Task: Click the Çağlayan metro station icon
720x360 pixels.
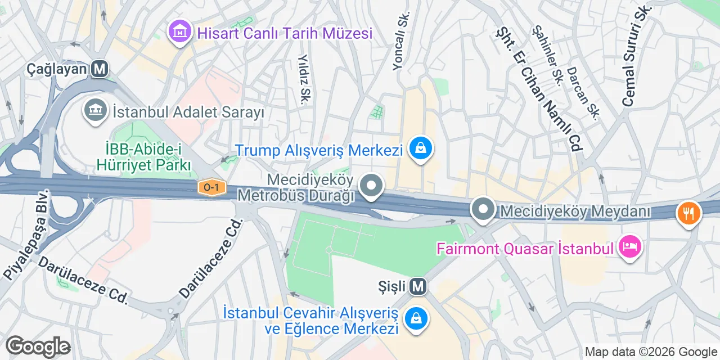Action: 101,69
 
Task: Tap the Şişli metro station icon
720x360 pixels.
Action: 417,287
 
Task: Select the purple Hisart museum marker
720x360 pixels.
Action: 179,32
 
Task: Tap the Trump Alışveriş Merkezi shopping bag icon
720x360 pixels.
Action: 420,149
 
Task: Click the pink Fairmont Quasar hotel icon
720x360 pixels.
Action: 630,247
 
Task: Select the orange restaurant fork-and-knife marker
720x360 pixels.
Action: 688,214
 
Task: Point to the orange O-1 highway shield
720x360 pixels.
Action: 211,188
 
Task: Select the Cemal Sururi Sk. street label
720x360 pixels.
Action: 636,56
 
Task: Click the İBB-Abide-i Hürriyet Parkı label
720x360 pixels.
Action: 144,157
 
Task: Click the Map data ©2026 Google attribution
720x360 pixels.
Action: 651,352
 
